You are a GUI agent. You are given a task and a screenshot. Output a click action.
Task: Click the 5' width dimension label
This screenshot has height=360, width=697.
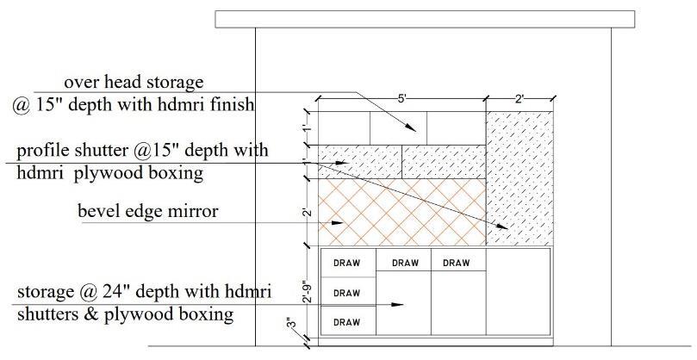[401, 99]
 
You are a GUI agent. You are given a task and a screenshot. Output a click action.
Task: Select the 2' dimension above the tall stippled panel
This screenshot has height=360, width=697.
[520, 99]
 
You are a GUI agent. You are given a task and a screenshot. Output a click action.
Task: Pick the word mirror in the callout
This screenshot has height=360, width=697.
[192, 210]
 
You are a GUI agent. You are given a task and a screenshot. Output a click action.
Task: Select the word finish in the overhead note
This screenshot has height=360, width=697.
[228, 105]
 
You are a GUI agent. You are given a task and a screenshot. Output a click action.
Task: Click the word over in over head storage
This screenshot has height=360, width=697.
[81, 83]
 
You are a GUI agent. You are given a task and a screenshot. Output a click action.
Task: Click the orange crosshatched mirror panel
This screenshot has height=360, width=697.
[401, 212]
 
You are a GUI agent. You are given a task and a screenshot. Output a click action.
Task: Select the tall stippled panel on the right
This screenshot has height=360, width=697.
[520, 177]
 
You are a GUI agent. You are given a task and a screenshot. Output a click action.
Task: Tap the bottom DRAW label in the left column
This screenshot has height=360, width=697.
[346, 322]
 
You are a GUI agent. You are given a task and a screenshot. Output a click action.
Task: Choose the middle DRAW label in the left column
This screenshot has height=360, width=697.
[346, 293]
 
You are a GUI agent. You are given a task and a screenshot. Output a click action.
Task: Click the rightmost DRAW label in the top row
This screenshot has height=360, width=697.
[457, 263]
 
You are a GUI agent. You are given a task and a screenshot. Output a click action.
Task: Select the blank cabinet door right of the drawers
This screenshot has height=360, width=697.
[518, 291]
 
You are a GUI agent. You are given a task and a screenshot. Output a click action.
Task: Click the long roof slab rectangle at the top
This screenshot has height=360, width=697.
[424, 19]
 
